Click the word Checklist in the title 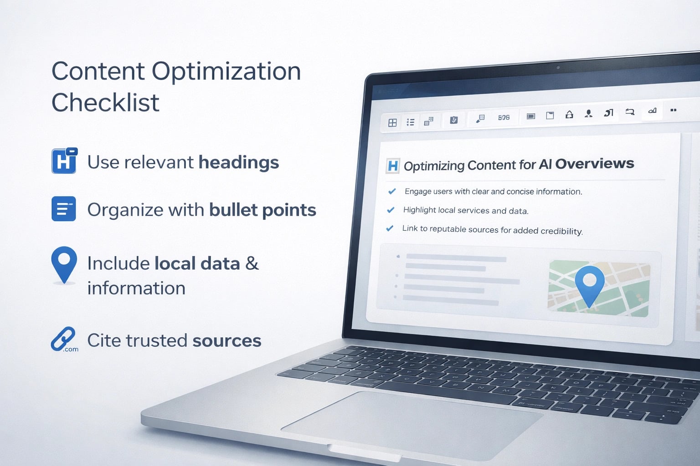point(105,103)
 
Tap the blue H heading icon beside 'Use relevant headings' point(64,161)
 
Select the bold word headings point(238,163)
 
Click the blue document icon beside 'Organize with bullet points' point(64,209)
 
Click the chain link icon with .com point(63,339)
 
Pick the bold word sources point(226,341)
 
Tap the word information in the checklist point(136,289)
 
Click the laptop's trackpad point(410,423)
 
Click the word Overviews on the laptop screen point(594,164)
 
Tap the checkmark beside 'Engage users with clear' point(391,192)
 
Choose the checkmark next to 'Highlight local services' point(391,210)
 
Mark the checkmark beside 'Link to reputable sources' point(390,228)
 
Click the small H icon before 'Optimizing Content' point(392,166)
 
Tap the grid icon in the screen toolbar point(392,123)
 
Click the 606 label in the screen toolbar point(504,117)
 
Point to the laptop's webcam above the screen point(558,68)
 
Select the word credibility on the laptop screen point(561,231)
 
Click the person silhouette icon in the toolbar point(589,114)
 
